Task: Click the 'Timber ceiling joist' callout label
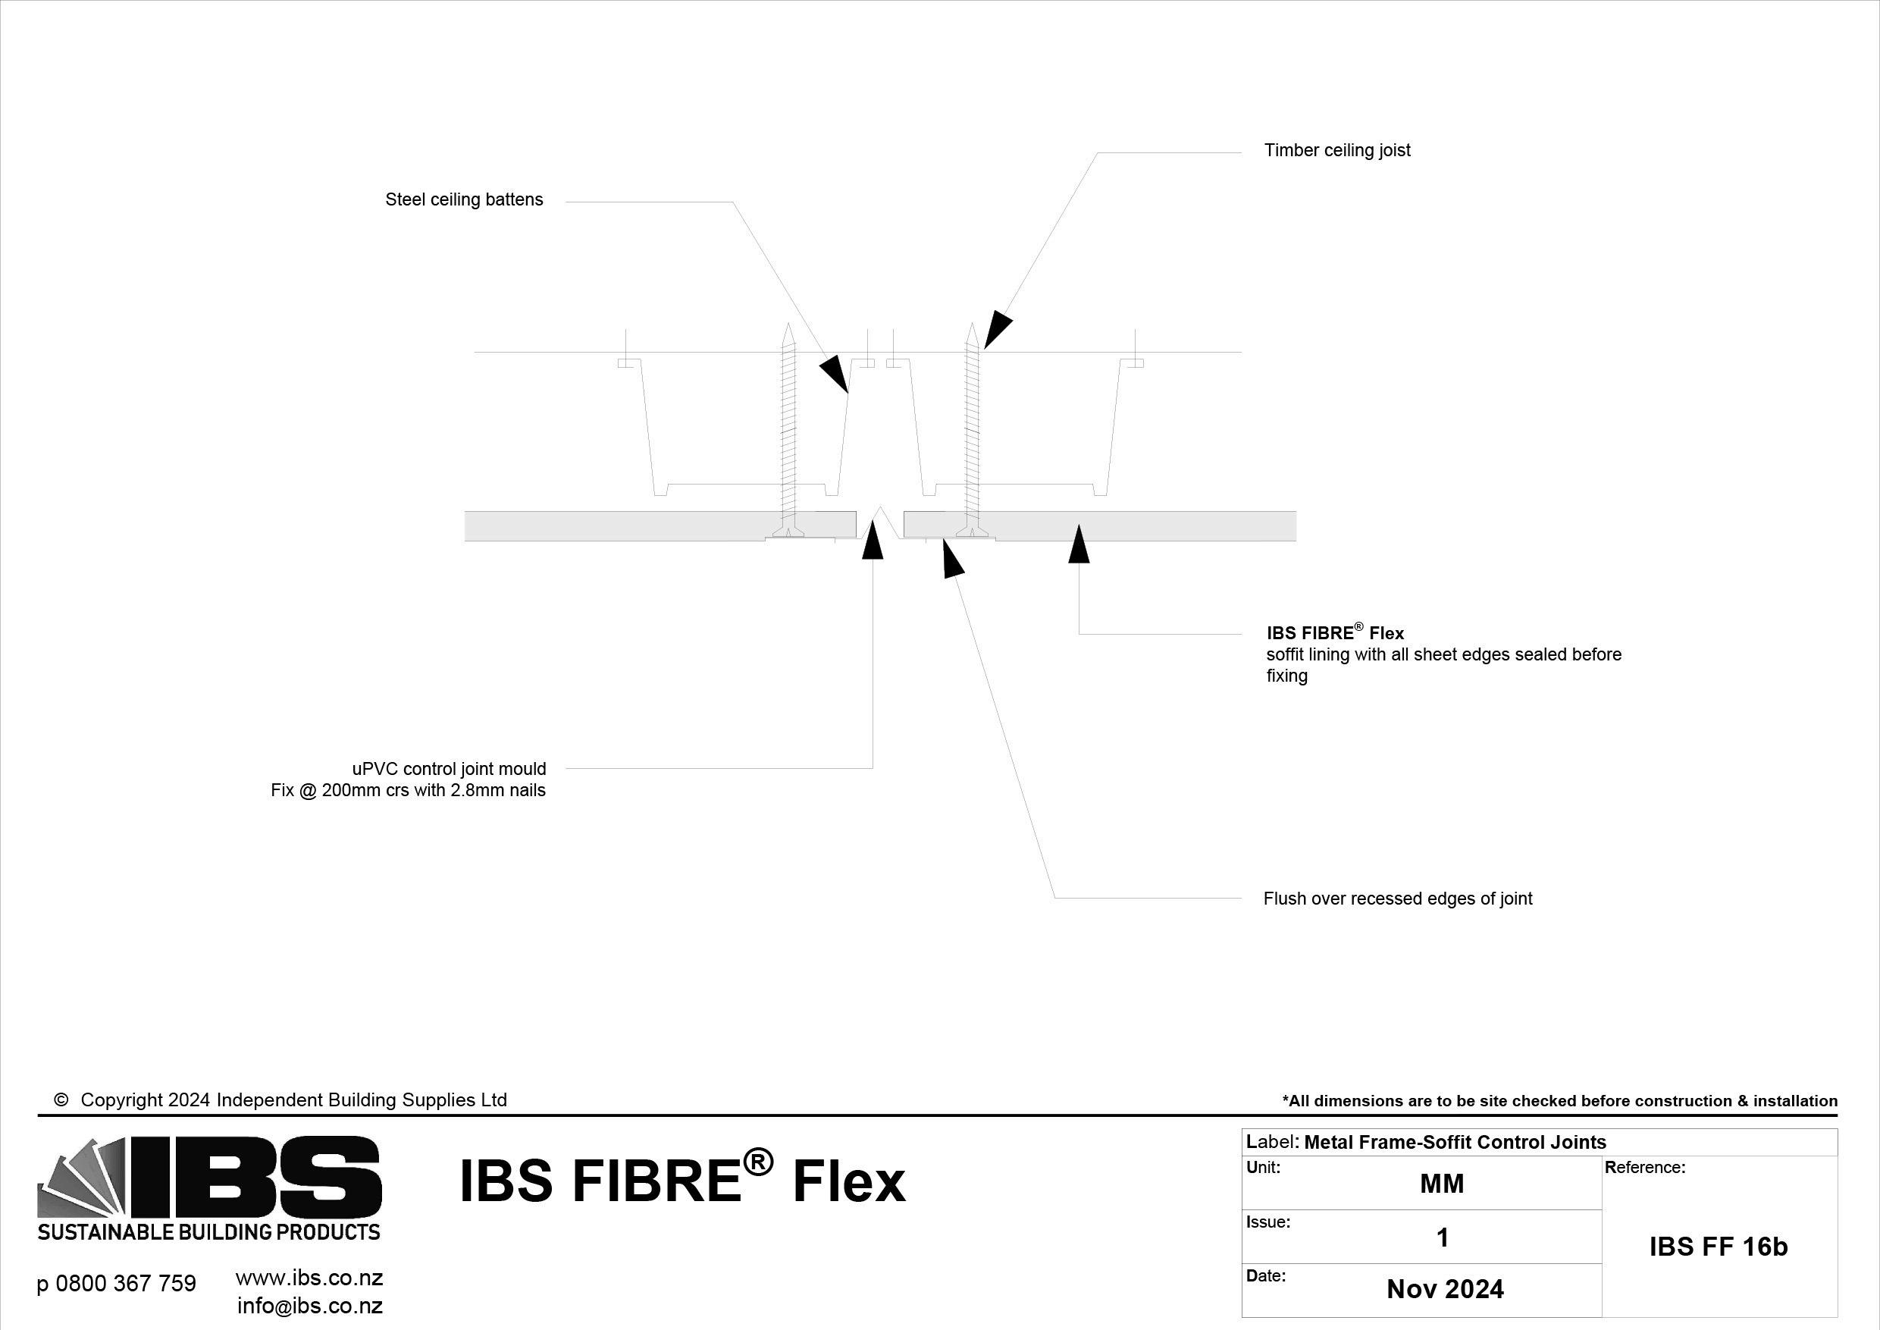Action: [x=1336, y=151]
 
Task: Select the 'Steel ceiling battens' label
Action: [x=463, y=200]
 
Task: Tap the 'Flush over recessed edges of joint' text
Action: [x=1397, y=899]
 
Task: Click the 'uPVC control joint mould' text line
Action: [x=449, y=769]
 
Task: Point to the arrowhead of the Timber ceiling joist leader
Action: [x=997, y=328]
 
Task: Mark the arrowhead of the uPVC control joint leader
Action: [x=873, y=541]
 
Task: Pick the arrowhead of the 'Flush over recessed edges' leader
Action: [x=951, y=560]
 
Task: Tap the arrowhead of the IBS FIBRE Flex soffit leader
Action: [x=1079, y=544]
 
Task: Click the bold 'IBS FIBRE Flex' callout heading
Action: [x=1335, y=633]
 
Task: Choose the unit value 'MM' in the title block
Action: [x=1441, y=1184]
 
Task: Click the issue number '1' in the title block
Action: [x=1443, y=1237]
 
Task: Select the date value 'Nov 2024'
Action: [x=1444, y=1289]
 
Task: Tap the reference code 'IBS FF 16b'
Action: [x=1718, y=1247]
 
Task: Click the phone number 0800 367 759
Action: [x=116, y=1283]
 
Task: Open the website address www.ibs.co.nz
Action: [x=309, y=1278]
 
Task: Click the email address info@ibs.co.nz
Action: [x=309, y=1306]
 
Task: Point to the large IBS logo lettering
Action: [x=254, y=1177]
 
